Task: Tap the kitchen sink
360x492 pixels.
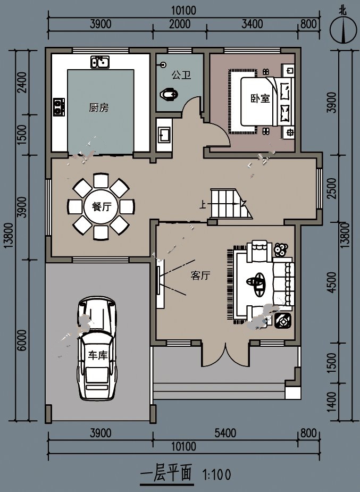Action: coord(100,62)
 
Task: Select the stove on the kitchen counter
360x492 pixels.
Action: coord(58,107)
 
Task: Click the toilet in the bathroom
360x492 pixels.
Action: coord(169,94)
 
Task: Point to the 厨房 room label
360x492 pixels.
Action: coord(99,107)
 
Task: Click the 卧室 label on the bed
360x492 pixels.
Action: coord(260,98)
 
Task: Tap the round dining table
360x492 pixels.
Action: coord(101,207)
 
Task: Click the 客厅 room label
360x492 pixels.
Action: coord(200,276)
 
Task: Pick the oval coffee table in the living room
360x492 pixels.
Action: coord(256,284)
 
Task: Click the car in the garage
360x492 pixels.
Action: coord(97,348)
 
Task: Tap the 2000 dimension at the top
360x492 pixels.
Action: coord(180,24)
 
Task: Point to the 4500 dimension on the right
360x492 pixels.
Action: coord(331,282)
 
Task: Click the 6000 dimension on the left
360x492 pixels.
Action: coord(22,340)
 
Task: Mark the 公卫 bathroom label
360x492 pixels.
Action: coord(181,75)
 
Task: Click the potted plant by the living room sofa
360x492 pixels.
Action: coord(280,250)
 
